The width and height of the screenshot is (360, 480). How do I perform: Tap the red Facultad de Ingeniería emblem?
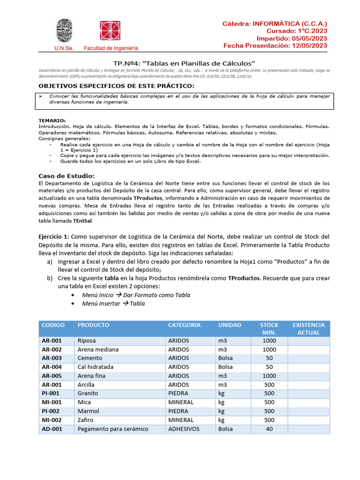tap(110, 31)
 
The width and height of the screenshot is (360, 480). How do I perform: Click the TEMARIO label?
tap(52, 120)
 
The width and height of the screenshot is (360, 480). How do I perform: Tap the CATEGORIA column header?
tap(184, 325)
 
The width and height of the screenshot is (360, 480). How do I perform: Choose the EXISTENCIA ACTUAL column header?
tap(308, 329)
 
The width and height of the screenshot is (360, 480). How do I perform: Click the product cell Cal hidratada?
tap(96, 367)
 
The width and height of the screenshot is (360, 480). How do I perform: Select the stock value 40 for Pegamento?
tap(269, 429)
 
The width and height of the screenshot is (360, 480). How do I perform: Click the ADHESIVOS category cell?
tap(184, 429)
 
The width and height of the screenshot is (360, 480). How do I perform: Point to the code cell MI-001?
tap(51, 402)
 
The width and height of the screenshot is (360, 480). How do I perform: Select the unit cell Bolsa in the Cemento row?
tap(225, 358)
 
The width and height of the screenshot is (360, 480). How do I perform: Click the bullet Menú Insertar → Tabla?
tap(113, 303)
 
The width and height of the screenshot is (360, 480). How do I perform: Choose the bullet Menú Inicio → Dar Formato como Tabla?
tap(136, 295)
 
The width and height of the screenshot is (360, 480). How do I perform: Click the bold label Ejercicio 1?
tap(54, 236)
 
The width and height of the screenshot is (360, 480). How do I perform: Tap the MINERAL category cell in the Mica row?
tap(180, 402)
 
